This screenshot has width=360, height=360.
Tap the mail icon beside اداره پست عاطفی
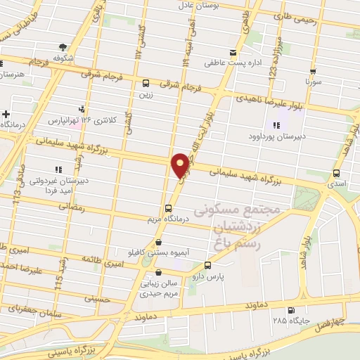[x=233, y=51]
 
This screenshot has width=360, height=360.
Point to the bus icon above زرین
[x=146, y=81]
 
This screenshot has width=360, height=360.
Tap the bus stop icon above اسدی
[x=336, y=172]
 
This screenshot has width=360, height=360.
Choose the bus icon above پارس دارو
[x=207, y=265]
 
